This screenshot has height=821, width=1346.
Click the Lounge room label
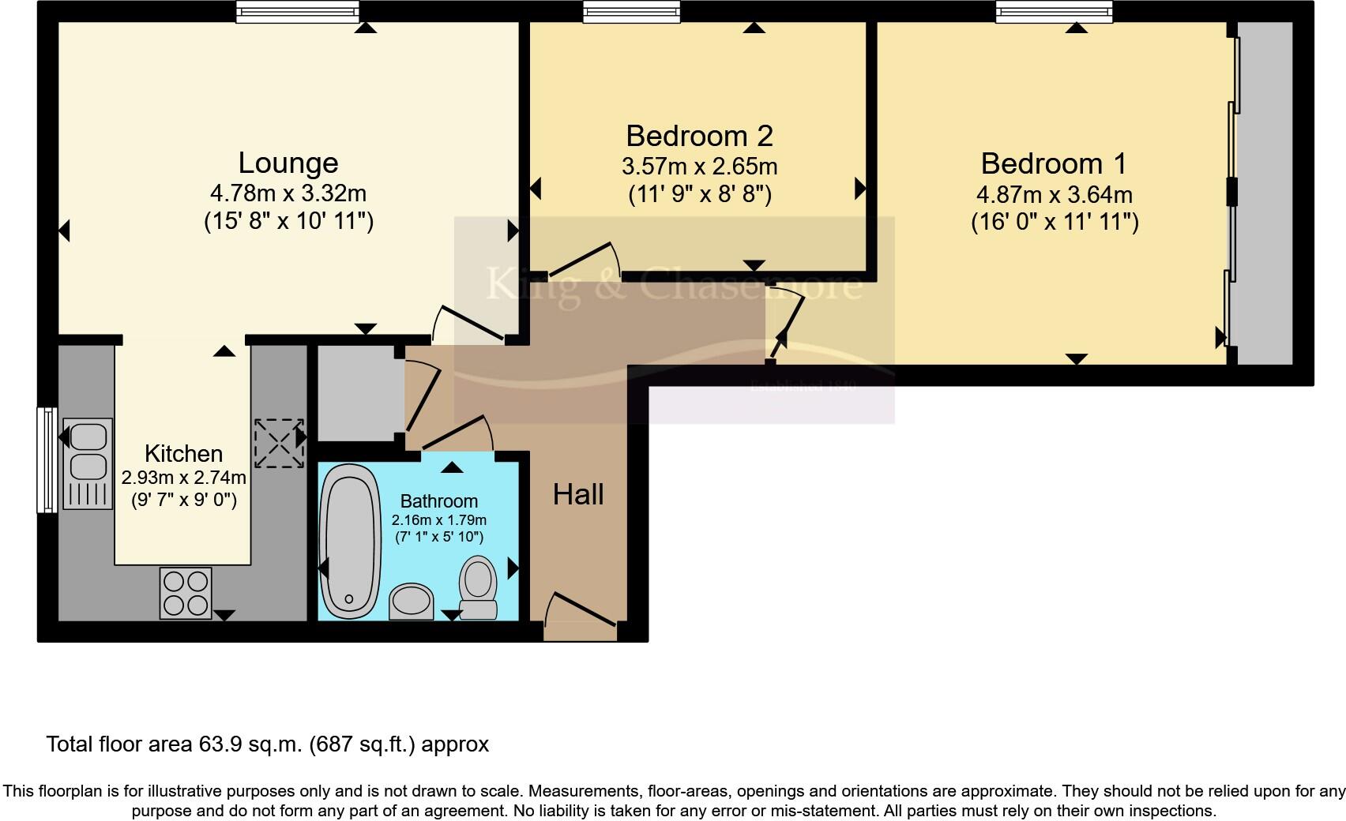[x=288, y=163]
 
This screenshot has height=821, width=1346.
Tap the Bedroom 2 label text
[x=699, y=136]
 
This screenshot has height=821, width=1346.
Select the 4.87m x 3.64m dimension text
[x=1054, y=194]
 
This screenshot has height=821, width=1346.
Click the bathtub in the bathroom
[x=350, y=541]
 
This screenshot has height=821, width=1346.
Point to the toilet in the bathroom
[x=479, y=588]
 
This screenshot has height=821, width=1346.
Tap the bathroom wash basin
[x=412, y=602]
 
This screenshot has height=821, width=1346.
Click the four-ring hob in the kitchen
[x=186, y=593]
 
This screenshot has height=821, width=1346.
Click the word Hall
[x=578, y=494]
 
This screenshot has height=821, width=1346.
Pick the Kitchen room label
[x=183, y=453]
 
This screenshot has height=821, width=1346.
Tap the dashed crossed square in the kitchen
[x=278, y=443]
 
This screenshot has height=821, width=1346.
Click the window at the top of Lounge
[x=297, y=11]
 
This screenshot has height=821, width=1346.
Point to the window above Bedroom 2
[x=631, y=11]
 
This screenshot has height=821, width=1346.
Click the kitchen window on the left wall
[x=47, y=459]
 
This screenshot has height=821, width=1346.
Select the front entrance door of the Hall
[x=581, y=616]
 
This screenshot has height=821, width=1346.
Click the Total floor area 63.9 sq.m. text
[x=267, y=744]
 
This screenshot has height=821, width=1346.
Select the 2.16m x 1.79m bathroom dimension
[x=438, y=520]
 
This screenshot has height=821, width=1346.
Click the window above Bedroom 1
[x=1054, y=11]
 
